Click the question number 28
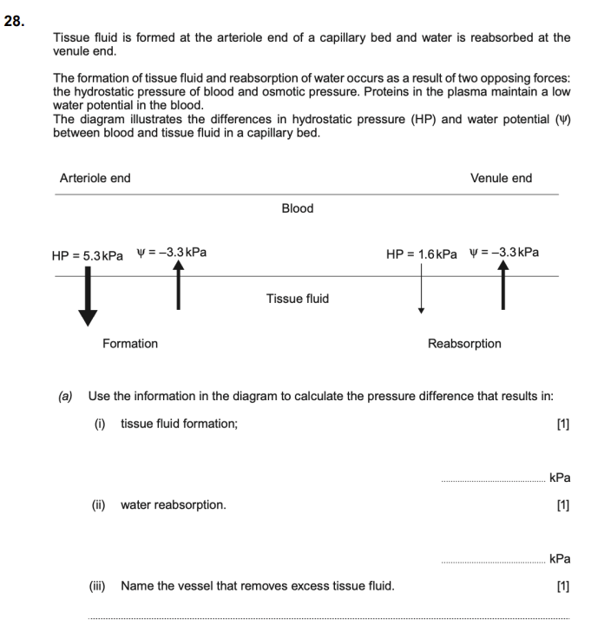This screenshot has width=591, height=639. [14, 22]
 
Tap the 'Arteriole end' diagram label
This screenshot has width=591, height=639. [95, 178]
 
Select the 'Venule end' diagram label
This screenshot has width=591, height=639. [501, 178]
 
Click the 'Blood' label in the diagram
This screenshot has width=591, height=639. [298, 208]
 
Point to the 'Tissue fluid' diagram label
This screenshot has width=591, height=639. [298, 299]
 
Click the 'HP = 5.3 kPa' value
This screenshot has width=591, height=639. [87, 255]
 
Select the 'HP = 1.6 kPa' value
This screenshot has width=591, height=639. [422, 254]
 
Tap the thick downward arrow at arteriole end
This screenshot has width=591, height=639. [88, 300]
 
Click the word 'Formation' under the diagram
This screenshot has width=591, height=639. [130, 344]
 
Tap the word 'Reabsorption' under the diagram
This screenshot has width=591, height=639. [464, 344]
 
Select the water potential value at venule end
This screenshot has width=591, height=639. [503, 253]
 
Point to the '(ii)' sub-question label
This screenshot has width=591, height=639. [102, 504]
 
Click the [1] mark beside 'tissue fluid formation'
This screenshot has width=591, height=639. [562, 424]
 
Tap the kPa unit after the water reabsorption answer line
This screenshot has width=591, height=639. [560, 559]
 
